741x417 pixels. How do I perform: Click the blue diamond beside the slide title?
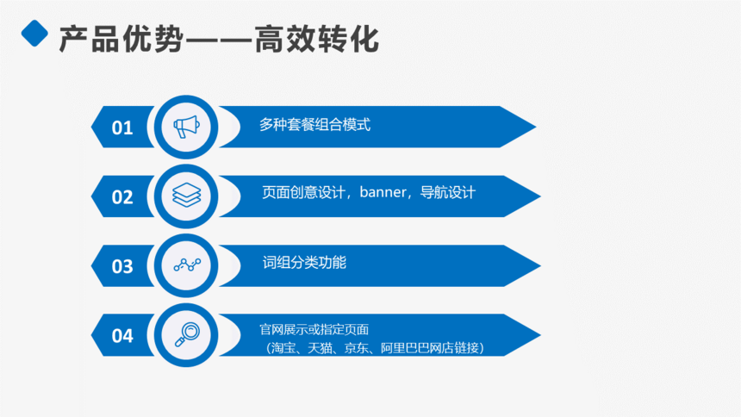pyautogui.click(x=34, y=33)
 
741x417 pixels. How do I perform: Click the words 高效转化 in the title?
pyautogui.click(x=316, y=39)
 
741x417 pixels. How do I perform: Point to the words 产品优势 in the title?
pyautogui.click(x=121, y=39)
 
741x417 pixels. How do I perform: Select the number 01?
pyautogui.click(x=122, y=128)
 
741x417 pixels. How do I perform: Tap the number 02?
pyautogui.click(x=122, y=197)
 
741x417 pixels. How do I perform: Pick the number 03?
pyautogui.click(x=122, y=266)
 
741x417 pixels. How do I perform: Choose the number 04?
pyautogui.click(x=122, y=336)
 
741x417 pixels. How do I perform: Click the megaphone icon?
pyautogui.click(x=186, y=127)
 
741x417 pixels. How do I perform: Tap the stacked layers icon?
pyautogui.click(x=187, y=195)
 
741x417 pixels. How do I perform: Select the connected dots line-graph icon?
pyautogui.click(x=187, y=265)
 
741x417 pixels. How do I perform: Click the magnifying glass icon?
pyautogui.click(x=187, y=334)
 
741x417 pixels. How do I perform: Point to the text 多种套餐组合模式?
pyautogui.click(x=314, y=125)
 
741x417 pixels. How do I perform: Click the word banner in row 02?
pyautogui.click(x=383, y=192)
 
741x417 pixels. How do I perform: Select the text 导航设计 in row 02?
pyautogui.click(x=447, y=192)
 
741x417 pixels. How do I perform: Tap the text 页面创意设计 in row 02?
pyautogui.click(x=303, y=192)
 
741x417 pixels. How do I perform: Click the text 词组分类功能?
pyautogui.click(x=304, y=263)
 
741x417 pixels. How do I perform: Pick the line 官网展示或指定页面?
pyautogui.click(x=314, y=329)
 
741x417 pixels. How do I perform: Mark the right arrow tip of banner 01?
pyautogui.click(x=536, y=127)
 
